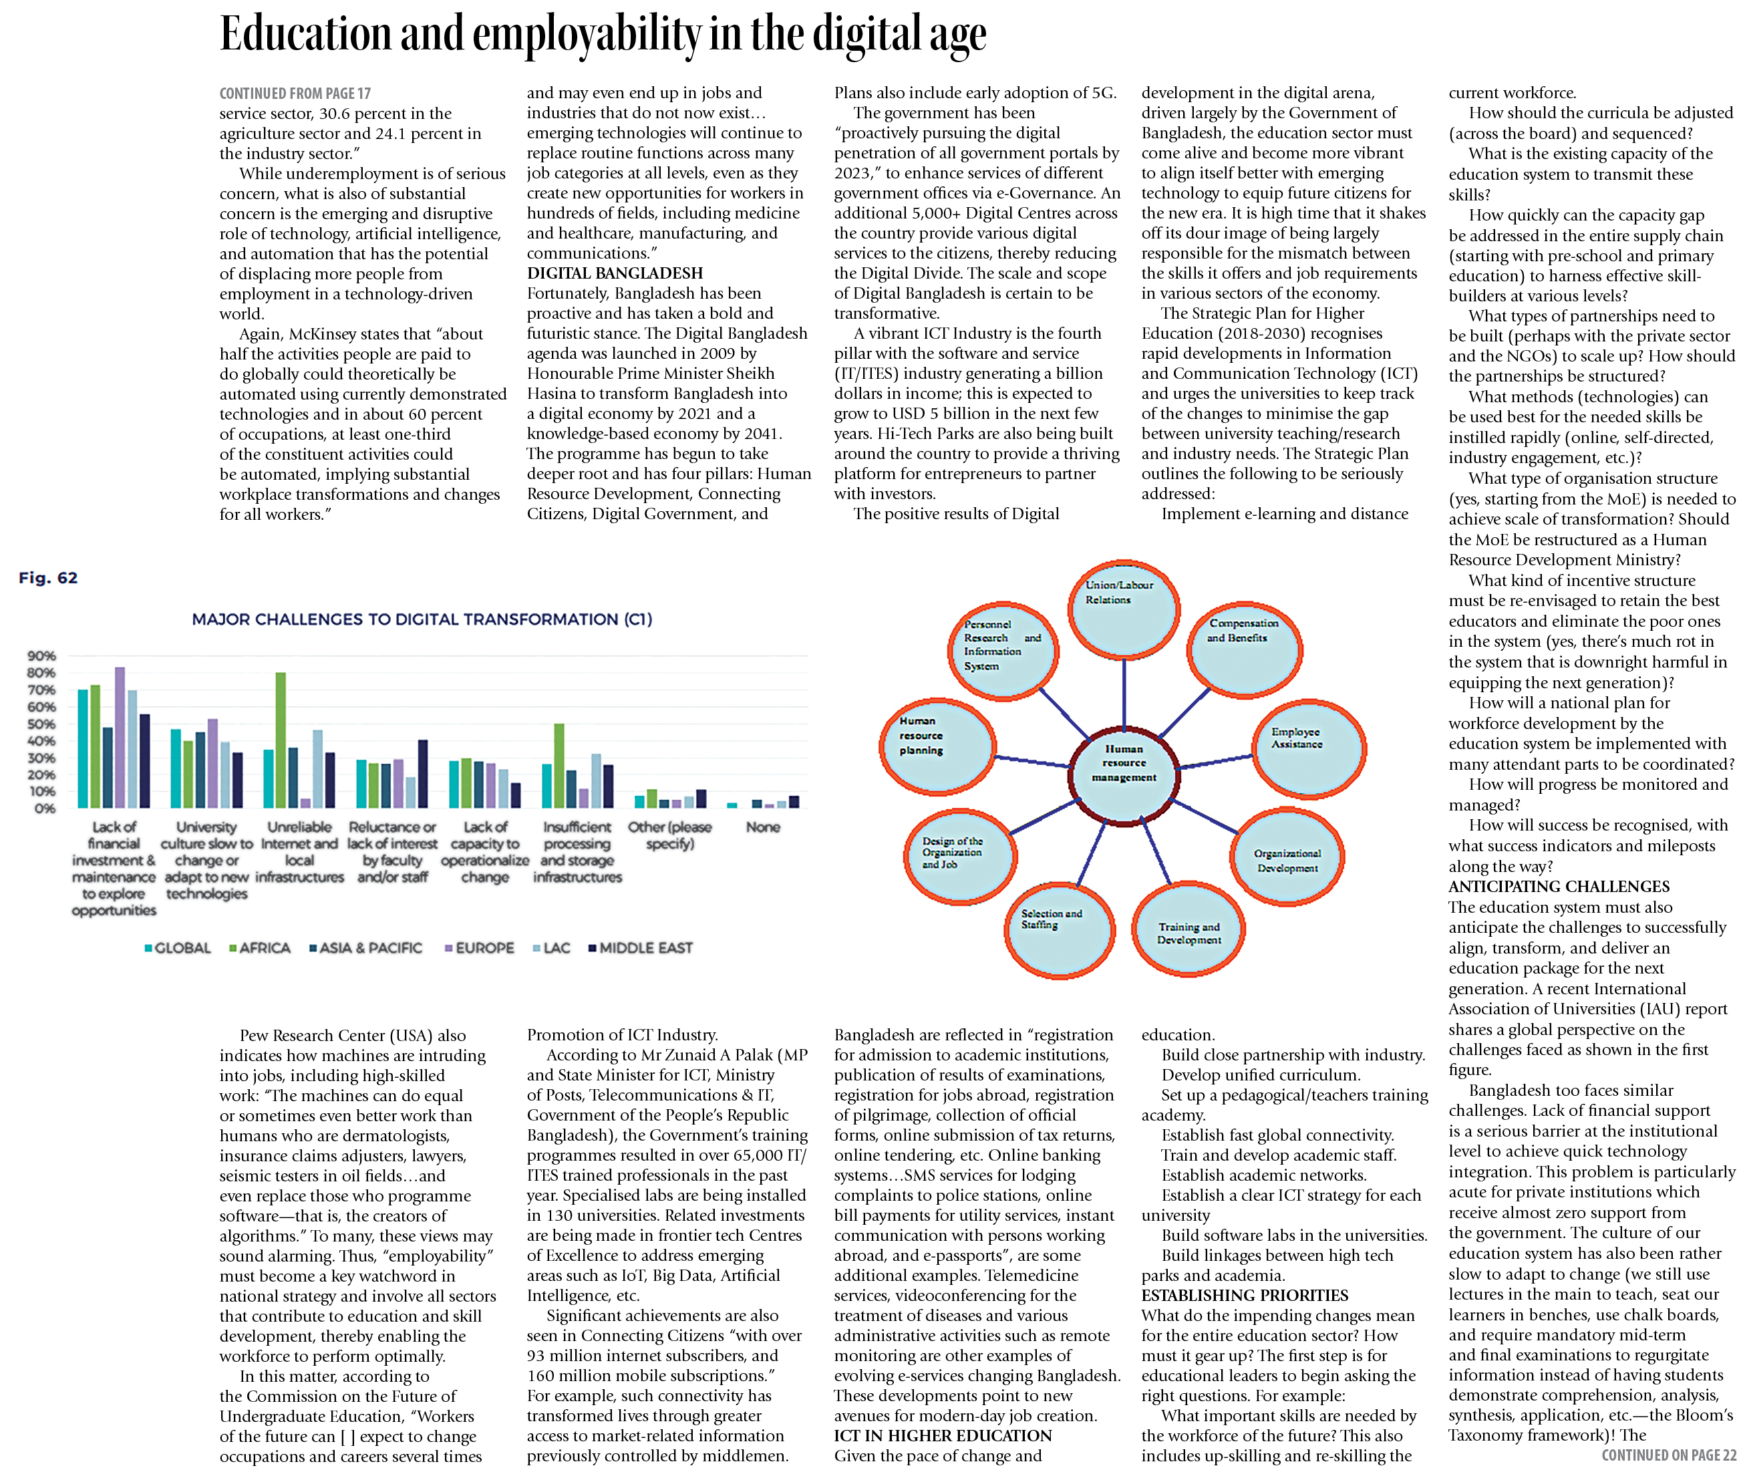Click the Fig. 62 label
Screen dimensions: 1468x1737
pyautogui.click(x=48, y=577)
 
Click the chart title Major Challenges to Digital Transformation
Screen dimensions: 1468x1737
pyautogui.click(x=422, y=619)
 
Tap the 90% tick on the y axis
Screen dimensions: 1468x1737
pyautogui.click(x=41, y=655)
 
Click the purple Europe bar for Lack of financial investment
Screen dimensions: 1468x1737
pyautogui.click(x=120, y=736)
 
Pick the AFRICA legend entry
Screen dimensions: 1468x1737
pyautogui.click(x=260, y=948)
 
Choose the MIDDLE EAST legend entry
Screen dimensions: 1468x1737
pyautogui.click(x=641, y=948)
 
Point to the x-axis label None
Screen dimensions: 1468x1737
pyautogui.click(x=762, y=827)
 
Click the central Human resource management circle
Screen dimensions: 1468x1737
pyautogui.click(x=1123, y=763)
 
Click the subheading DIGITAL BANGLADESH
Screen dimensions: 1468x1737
pyautogui.click(x=614, y=273)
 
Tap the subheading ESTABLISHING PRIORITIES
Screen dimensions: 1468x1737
pyautogui.click(x=1245, y=1295)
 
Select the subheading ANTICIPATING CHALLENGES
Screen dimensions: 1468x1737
pyautogui.click(x=1559, y=886)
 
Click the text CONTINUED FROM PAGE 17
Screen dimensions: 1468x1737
pyautogui.click(x=295, y=93)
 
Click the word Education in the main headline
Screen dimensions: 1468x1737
pyautogui.click(x=305, y=35)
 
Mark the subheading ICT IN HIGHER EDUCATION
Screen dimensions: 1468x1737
pyautogui.click(x=943, y=1435)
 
